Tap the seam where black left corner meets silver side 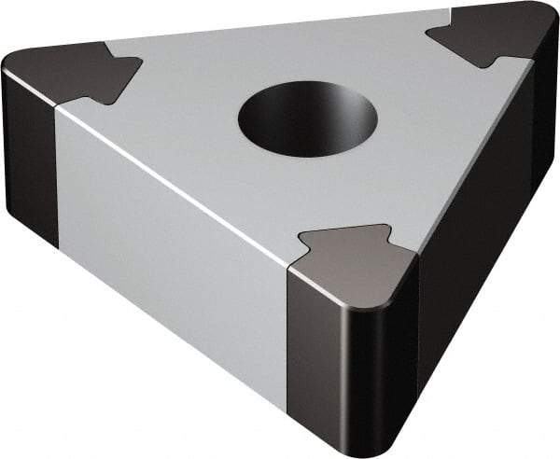click(57, 177)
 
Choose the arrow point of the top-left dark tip click(141, 64)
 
